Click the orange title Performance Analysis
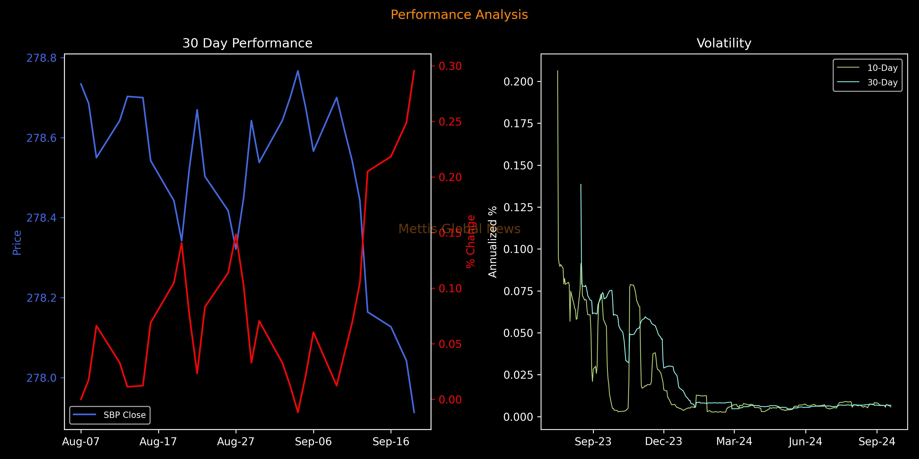pos(459,15)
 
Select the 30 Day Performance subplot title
pos(247,43)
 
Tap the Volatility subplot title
pos(724,43)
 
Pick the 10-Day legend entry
pos(882,68)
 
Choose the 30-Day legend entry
pos(882,82)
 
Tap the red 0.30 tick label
pos(450,66)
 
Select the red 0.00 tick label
pos(450,400)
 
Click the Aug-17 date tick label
pos(158,442)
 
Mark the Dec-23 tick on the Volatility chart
pos(663,442)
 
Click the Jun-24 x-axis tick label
pos(805,442)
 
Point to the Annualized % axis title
pos(493,242)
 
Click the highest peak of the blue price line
pos(298,71)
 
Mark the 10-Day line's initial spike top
pos(558,71)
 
